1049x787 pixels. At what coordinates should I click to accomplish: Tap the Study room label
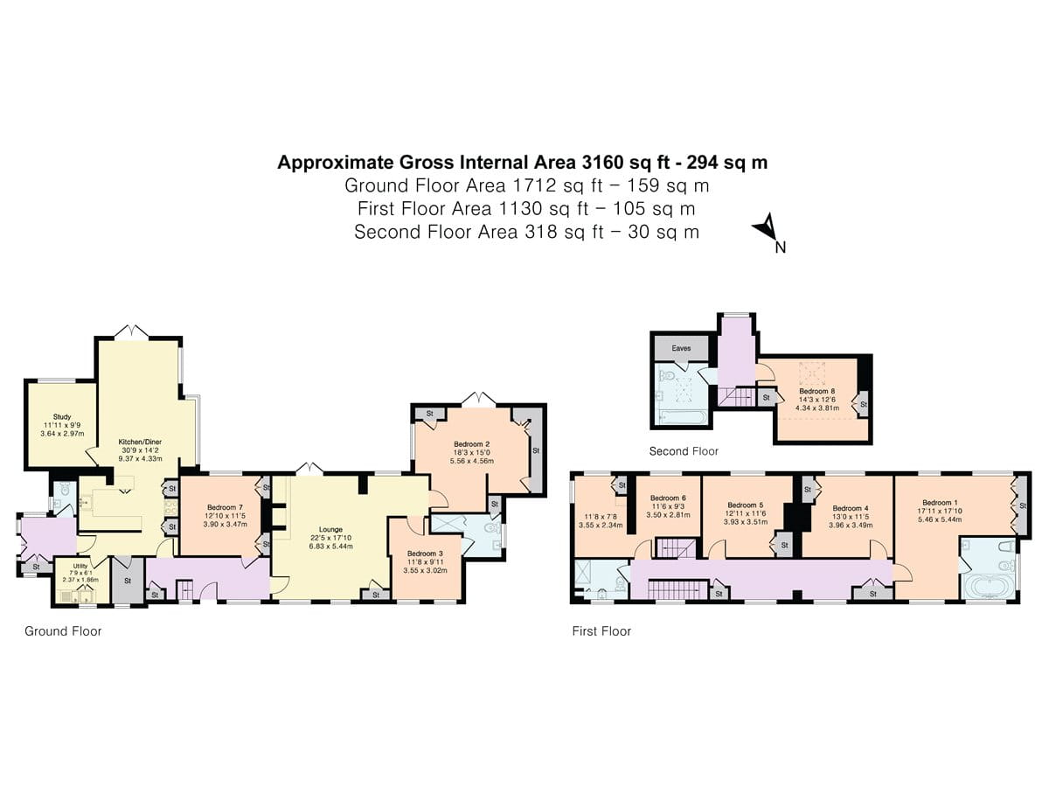(x=62, y=417)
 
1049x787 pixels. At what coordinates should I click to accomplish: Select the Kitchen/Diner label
(x=141, y=442)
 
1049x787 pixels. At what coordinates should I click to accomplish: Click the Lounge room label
(x=330, y=529)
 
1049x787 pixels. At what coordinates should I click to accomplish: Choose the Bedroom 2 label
(x=472, y=443)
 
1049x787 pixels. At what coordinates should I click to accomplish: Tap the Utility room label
(x=80, y=567)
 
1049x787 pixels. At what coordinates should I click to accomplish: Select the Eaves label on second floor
(x=682, y=348)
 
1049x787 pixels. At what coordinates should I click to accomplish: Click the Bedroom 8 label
(x=816, y=391)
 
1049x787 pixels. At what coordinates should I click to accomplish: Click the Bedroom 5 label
(x=746, y=505)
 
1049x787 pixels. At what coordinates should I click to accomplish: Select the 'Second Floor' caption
(x=684, y=451)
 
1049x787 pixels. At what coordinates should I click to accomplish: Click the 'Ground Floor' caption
(x=63, y=630)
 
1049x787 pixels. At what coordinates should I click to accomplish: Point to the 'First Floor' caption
(x=601, y=630)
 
